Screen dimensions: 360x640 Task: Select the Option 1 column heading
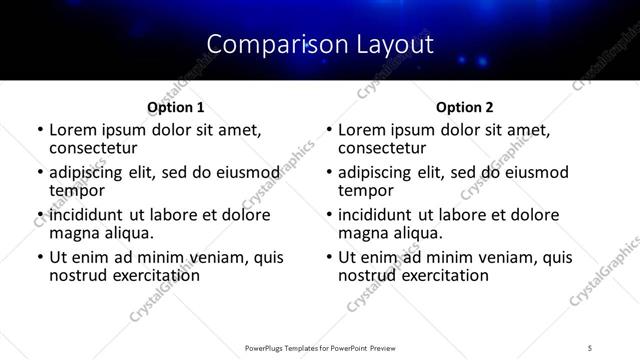pyautogui.click(x=175, y=107)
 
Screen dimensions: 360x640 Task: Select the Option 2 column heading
pyautogui.click(x=464, y=107)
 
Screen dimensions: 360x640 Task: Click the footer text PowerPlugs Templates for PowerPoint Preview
pyautogui.click(x=319, y=348)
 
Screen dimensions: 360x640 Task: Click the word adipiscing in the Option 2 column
pyautogui.click(x=379, y=172)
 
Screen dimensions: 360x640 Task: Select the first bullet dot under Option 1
pyautogui.click(x=39, y=130)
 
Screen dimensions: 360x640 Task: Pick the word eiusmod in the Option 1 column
pyautogui.click(x=243, y=172)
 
